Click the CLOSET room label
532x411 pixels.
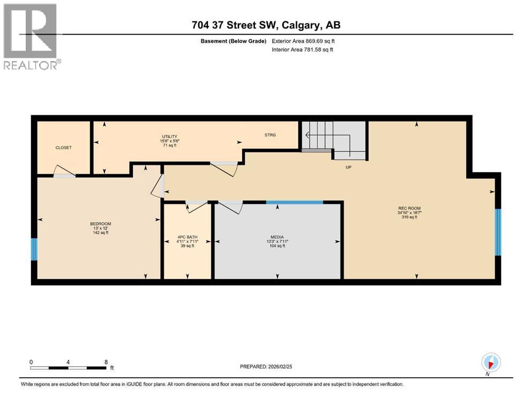63,148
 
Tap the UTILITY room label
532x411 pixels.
170,136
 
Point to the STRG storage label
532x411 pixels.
270,135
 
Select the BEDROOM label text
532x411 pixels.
100,224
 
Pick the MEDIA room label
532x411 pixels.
277,237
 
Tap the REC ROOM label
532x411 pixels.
416,208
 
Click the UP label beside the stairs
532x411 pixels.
348,167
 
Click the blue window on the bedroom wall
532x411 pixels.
34,249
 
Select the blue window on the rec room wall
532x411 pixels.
497,232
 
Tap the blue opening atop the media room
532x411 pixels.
295,202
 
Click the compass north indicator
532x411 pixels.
491,363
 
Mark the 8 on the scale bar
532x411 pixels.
106,362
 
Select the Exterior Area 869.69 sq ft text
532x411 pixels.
305,41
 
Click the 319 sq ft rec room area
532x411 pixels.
416,217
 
